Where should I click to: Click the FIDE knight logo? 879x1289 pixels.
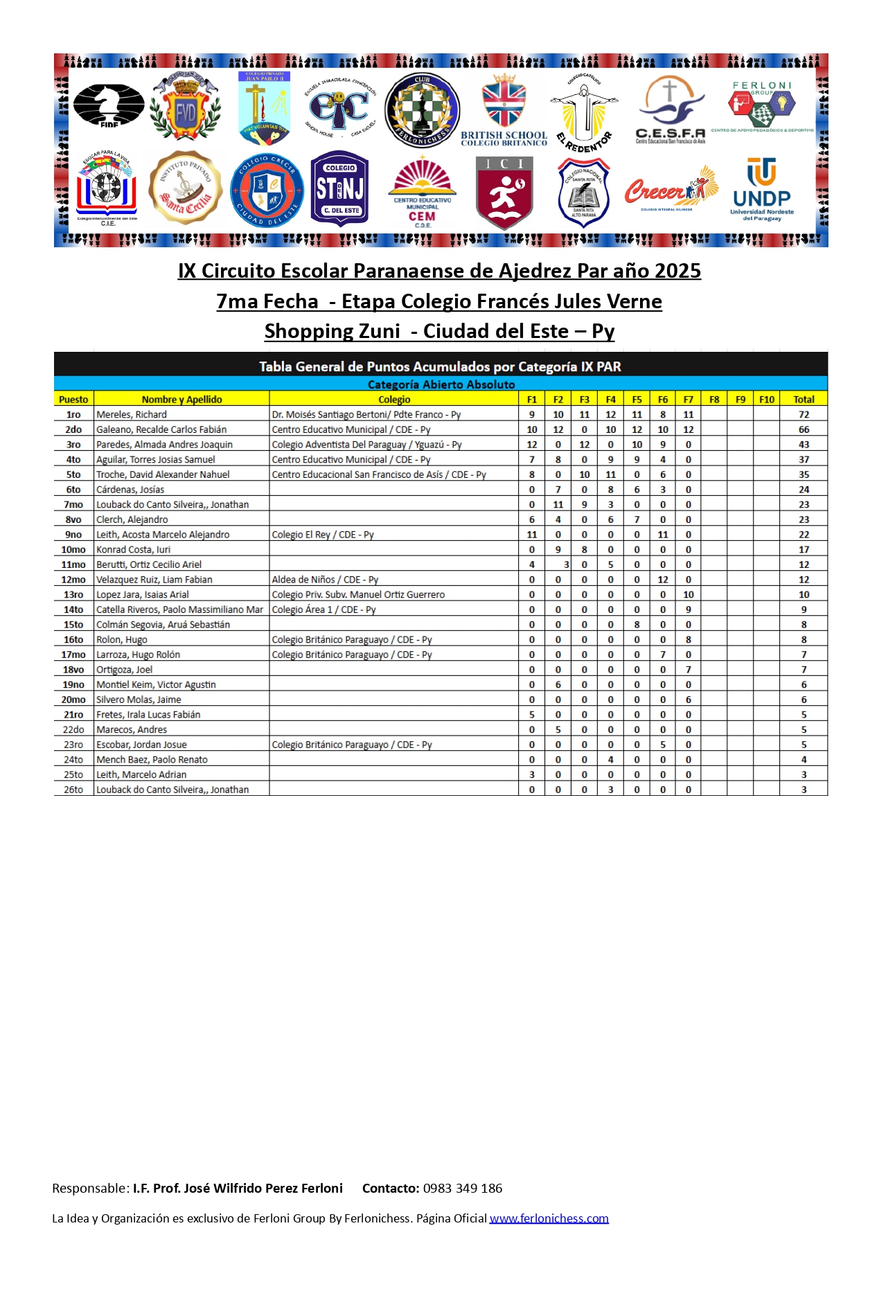point(109,105)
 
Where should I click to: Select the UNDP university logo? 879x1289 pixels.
point(761,189)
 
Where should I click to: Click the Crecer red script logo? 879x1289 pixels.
point(670,189)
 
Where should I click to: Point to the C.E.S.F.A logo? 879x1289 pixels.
point(670,109)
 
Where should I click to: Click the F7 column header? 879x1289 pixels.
point(688,400)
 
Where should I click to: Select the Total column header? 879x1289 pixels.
point(803,400)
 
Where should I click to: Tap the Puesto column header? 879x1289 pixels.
point(73,400)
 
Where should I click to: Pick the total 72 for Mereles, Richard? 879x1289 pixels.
point(803,415)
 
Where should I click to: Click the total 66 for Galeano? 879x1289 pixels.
point(803,430)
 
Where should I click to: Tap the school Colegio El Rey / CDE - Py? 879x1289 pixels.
point(323,535)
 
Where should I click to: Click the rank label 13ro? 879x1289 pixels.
point(73,595)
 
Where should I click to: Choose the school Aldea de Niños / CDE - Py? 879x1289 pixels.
point(325,580)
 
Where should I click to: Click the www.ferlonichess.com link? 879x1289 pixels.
point(549,1218)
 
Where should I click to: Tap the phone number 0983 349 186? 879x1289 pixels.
point(463,1189)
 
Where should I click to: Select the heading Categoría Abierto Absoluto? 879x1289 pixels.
point(441,384)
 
